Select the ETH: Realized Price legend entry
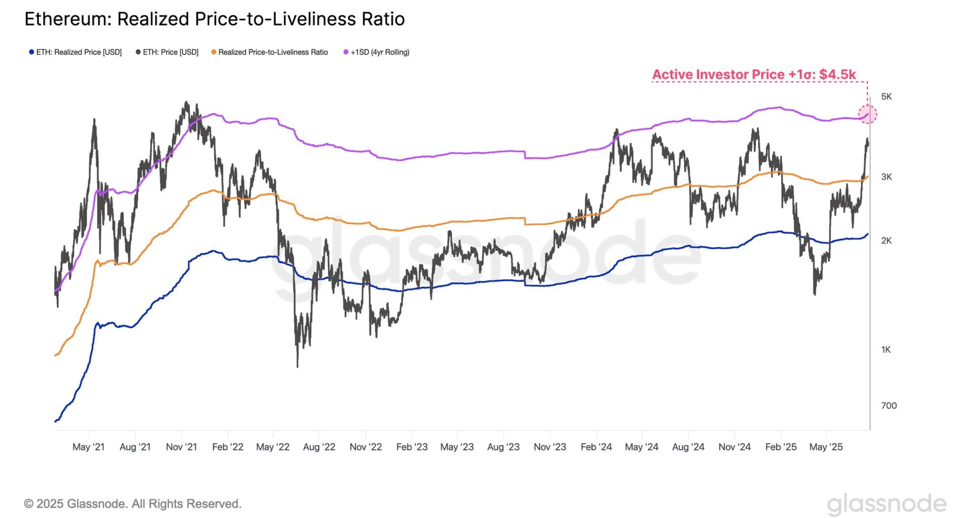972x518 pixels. click(75, 52)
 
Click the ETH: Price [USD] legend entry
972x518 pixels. click(167, 52)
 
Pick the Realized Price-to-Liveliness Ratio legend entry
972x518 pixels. click(269, 52)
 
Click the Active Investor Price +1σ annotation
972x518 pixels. click(753, 74)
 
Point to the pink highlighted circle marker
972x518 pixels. click(867, 114)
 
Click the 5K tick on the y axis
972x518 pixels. click(886, 97)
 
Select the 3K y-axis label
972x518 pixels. click(886, 177)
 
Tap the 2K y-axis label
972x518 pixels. click(886, 241)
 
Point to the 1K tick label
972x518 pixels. click(885, 350)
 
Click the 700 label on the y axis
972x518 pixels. click(888, 406)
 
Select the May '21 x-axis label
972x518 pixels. click(89, 447)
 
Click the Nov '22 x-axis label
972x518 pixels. click(366, 447)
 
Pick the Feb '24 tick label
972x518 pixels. click(596, 447)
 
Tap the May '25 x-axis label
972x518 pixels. click(826, 447)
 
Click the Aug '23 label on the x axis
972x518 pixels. click(503, 447)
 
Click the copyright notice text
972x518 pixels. click(133, 504)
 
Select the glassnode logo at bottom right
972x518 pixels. click(886, 504)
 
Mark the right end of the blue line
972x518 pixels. click(868, 234)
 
